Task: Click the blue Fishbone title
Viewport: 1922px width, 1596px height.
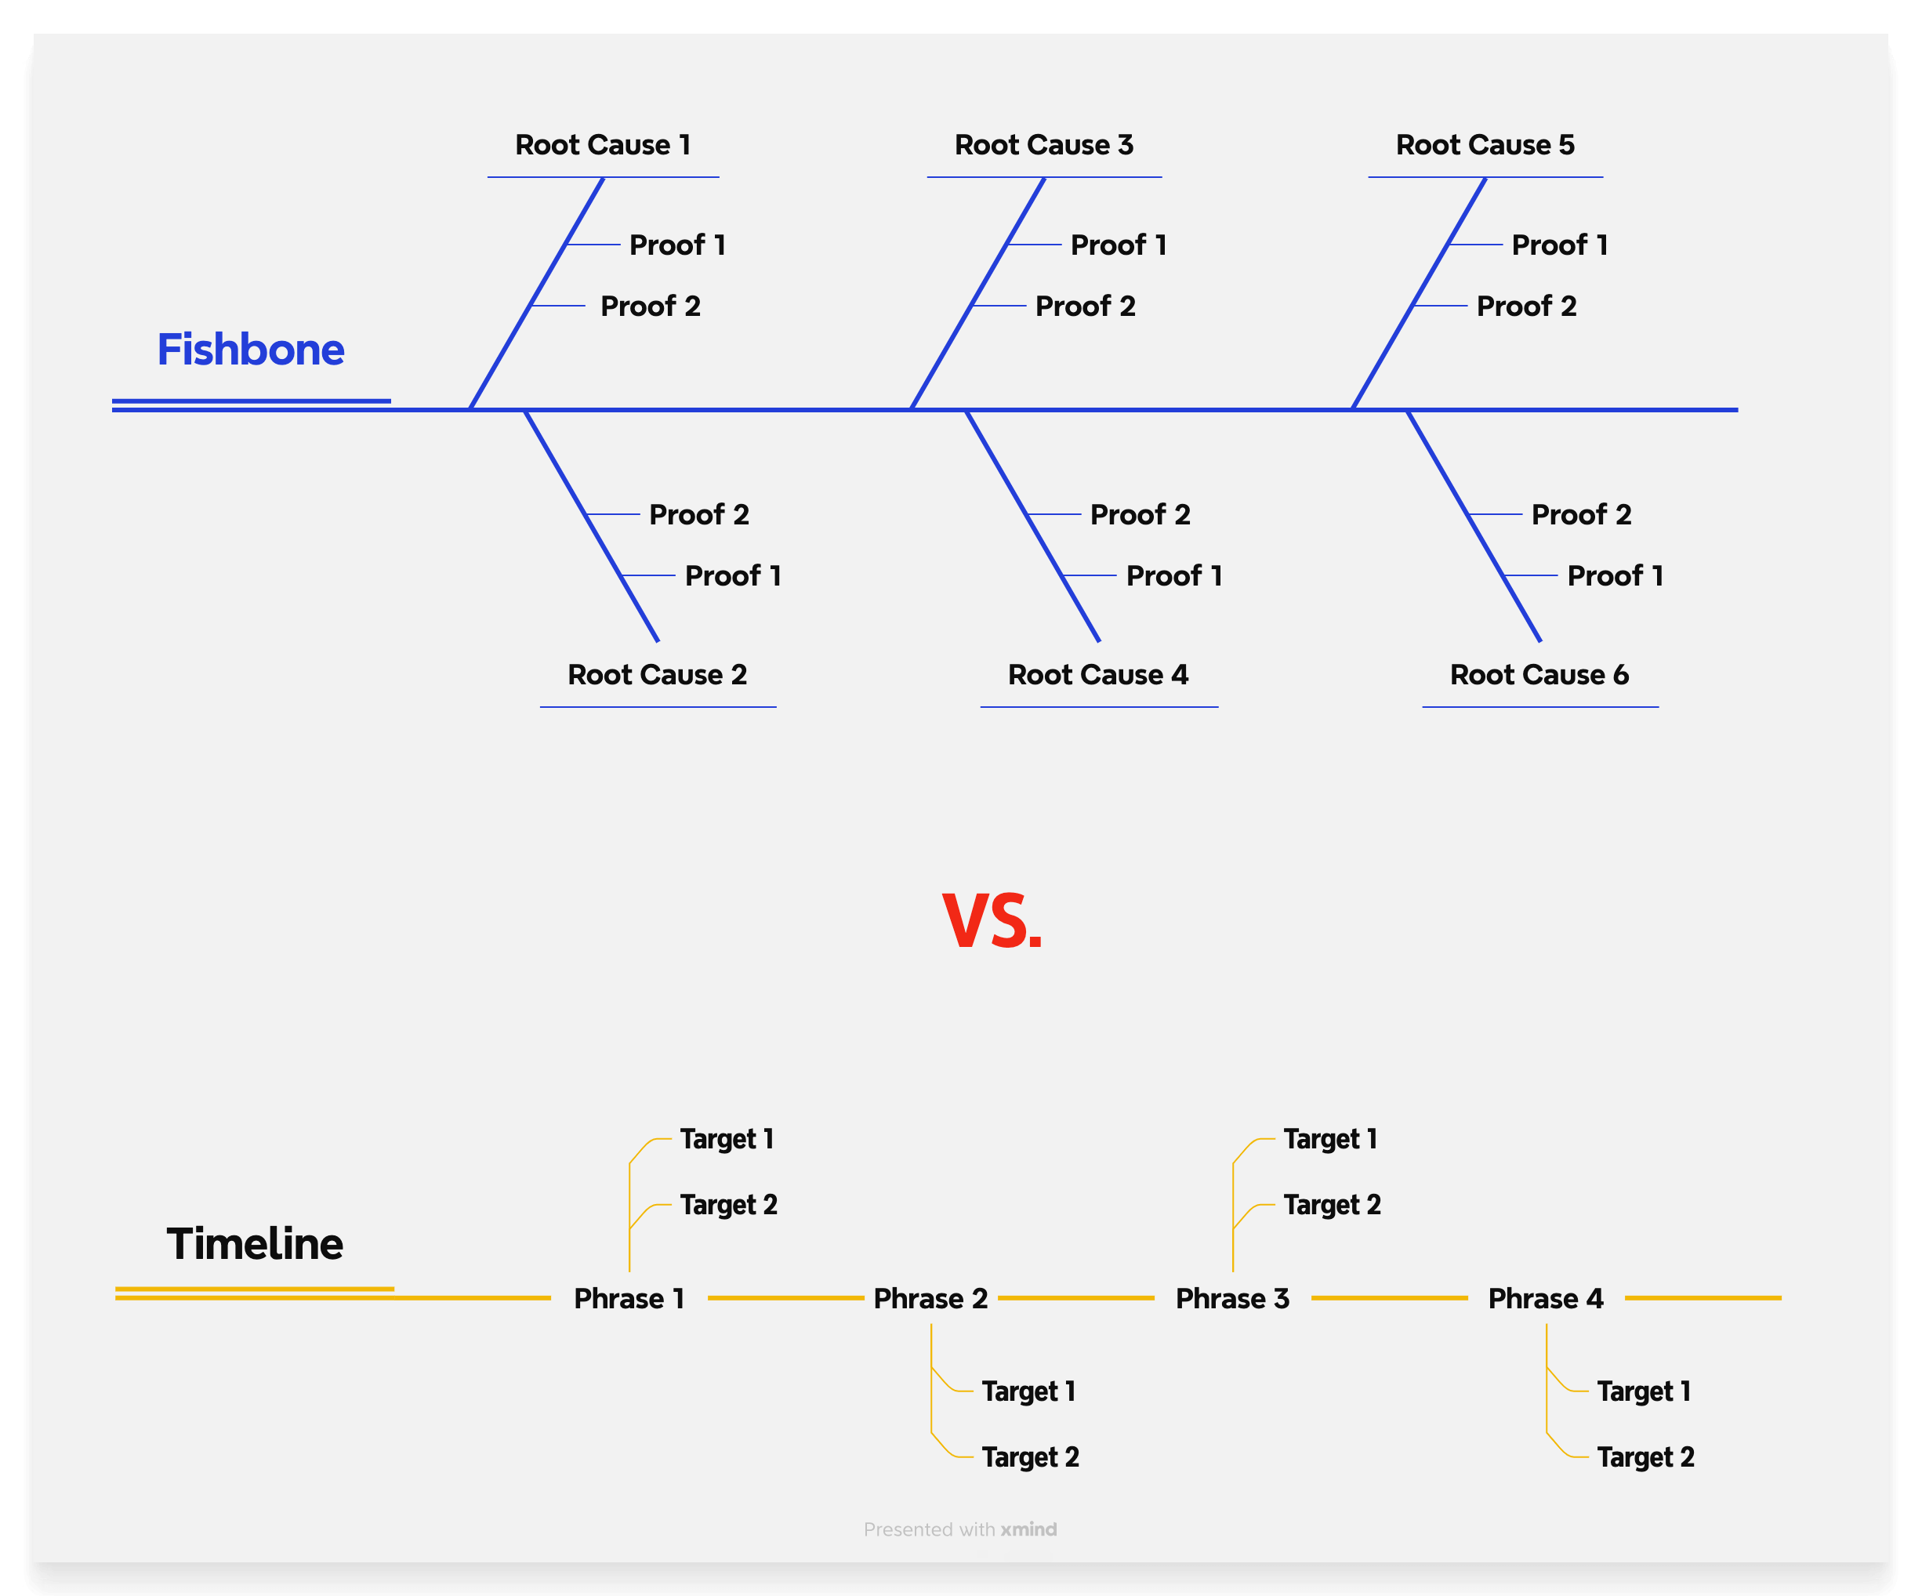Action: (x=250, y=350)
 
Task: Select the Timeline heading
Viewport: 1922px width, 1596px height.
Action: (x=255, y=1244)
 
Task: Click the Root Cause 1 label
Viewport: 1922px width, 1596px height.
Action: (x=602, y=144)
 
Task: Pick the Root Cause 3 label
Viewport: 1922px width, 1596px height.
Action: (x=1043, y=144)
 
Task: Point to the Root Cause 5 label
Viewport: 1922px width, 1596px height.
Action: (x=1485, y=144)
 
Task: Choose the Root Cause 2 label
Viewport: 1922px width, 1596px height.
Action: (x=657, y=674)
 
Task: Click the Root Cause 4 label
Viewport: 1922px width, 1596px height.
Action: (x=1097, y=674)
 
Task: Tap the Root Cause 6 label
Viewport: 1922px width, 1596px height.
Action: (x=1539, y=674)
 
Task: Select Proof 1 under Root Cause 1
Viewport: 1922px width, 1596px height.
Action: (x=677, y=245)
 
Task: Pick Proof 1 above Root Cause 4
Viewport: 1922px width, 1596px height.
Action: (x=1173, y=575)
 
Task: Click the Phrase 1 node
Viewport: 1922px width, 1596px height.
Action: (x=629, y=1297)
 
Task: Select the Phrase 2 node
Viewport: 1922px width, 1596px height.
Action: (x=930, y=1297)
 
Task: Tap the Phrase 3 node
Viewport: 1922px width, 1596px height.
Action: (x=1232, y=1297)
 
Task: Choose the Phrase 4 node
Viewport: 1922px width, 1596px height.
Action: (x=1545, y=1297)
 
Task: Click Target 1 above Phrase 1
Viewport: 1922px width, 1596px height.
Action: (x=727, y=1139)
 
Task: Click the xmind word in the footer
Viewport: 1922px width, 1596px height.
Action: (x=1028, y=1529)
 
